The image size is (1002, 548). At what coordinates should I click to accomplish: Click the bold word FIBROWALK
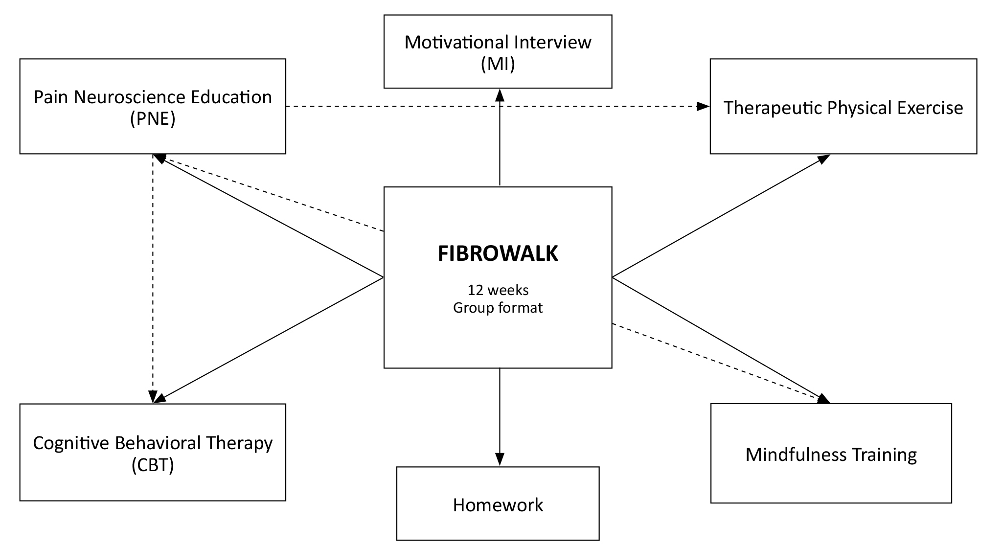[x=498, y=254]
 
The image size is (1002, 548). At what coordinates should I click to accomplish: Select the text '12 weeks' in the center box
[x=498, y=290]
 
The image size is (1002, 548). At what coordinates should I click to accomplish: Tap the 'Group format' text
[x=498, y=308]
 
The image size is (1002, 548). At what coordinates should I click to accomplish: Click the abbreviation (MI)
[x=498, y=64]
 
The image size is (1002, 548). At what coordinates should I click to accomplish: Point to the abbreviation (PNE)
[x=153, y=119]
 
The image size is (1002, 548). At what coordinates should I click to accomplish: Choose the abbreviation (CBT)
[x=153, y=465]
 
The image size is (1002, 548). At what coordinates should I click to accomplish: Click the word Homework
[x=498, y=505]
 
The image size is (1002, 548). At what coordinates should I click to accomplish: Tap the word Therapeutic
[x=772, y=108]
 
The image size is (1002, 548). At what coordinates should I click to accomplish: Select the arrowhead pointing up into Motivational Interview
[x=500, y=95]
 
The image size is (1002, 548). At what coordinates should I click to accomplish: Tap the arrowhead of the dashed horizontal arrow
[x=704, y=106]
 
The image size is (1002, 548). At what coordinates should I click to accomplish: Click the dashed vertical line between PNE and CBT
[x=153, y=274]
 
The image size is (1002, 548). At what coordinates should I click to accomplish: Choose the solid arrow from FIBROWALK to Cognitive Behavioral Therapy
[x=269, y=339]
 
